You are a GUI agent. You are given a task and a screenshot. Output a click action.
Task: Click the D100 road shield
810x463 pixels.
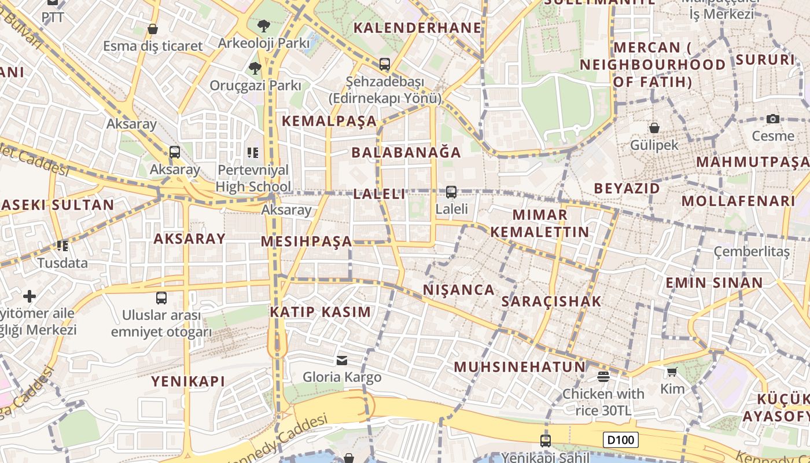[x=621, y=440]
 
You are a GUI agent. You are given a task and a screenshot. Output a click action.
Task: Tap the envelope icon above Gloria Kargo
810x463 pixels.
[x=342, y=361]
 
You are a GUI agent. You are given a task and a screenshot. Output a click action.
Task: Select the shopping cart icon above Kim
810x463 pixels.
[x=672, y=372]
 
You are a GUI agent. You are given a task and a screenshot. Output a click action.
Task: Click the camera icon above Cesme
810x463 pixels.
[x=772, y=119]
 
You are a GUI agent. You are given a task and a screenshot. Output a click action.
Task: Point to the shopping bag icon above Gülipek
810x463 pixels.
[x=654, y=128]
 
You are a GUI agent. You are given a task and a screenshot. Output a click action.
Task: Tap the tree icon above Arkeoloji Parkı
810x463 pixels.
[x=264, y=26]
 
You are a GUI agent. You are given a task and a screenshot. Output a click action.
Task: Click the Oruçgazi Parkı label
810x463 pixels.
[x=255, y=86]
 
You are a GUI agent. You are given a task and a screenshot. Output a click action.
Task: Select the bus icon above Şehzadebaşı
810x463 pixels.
[x=385, y=64]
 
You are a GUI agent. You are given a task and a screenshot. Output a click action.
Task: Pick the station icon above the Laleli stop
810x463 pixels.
[x=451, y=192]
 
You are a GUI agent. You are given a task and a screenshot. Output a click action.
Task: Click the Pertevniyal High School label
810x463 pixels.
[x=253, y=178]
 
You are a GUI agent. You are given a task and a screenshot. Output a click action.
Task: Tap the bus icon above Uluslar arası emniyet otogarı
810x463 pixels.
[x=161, y=298]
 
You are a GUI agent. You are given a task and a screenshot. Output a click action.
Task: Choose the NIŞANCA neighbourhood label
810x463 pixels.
[x=459, y=290]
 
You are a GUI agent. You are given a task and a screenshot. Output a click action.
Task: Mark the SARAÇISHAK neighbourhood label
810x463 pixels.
[x=551, y=302]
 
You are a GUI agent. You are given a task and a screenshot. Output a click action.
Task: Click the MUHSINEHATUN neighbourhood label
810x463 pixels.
[x=520, y=367]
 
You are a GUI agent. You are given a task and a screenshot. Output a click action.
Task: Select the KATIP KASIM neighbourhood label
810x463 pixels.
[x=321, y=312]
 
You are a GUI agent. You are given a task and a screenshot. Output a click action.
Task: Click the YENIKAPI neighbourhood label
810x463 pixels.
[x=188, y=381]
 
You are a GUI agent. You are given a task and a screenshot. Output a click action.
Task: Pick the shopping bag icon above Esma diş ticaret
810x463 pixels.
[x=153, y=29]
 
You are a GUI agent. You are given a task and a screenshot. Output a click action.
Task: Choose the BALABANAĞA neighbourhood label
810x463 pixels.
[x=407, y=153]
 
